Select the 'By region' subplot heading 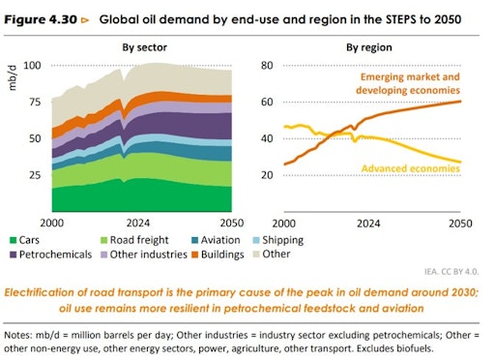click(368, 46)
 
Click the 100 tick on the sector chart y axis click(32, 65)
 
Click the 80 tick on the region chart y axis click(268, 65)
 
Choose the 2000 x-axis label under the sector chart click(53, 222)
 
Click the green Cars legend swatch click(15, 239)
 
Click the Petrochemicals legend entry click(61, 255)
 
